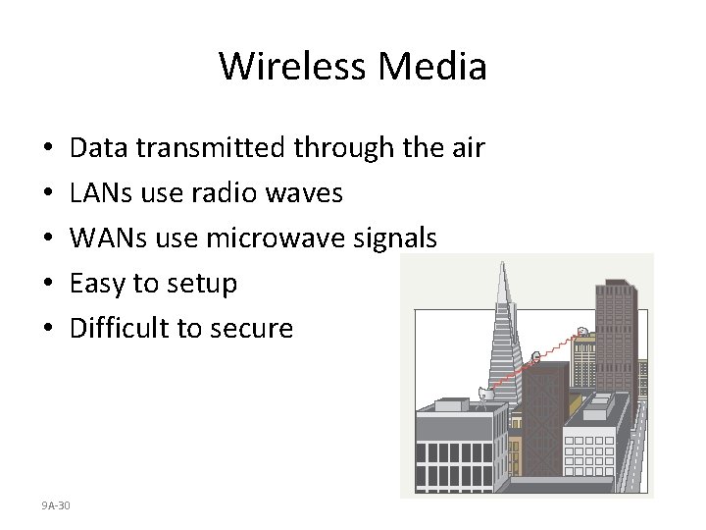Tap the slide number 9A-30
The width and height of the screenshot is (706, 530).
[x=56, y=504]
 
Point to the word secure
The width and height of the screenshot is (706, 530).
[x=253, y=329]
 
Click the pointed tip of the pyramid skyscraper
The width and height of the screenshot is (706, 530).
[x=503, y=265]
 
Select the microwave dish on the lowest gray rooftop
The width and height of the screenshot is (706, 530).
[x=483, y=395]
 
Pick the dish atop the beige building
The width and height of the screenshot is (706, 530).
[x=582, y=332]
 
